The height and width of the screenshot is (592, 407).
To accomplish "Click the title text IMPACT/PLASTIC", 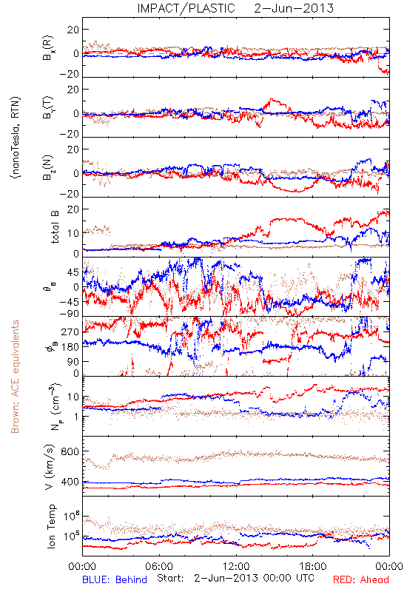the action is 186,8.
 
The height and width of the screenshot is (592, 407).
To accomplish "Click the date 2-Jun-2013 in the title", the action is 294,8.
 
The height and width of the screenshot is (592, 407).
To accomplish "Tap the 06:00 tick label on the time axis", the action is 159,566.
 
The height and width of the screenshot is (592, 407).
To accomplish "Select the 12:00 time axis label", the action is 236,566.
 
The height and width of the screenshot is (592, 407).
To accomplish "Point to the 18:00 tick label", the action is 313,566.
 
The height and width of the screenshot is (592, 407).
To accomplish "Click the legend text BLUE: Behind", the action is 115,579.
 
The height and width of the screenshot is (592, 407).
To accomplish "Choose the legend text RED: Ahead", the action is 361,579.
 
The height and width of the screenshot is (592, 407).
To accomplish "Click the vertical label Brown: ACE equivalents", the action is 15,377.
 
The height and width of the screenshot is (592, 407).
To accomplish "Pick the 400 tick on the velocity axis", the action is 70,482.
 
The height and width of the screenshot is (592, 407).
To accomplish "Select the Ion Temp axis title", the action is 51,526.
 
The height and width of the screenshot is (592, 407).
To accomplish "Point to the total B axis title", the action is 54,227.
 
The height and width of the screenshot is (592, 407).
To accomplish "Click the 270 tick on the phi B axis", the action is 70,332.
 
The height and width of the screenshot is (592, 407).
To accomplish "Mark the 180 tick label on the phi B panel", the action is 70,347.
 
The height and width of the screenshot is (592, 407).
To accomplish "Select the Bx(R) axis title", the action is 48,48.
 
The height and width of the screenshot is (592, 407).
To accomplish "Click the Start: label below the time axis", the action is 170,578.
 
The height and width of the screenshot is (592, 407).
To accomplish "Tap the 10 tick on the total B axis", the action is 73,233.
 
